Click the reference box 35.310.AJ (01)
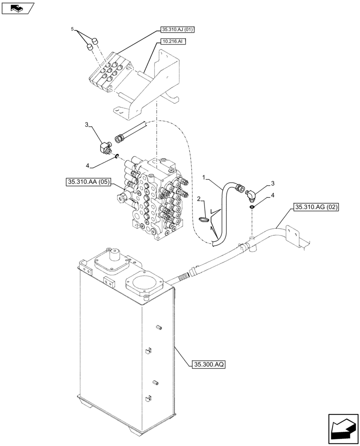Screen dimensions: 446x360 click(x=177, y=30)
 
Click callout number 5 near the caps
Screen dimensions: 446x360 click(x=72, y=29)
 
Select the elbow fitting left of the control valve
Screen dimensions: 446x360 click(x=105, y=146)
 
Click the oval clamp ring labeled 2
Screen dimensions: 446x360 click(x=205, y=219)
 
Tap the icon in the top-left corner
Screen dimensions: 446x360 click(x=17, y=8)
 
